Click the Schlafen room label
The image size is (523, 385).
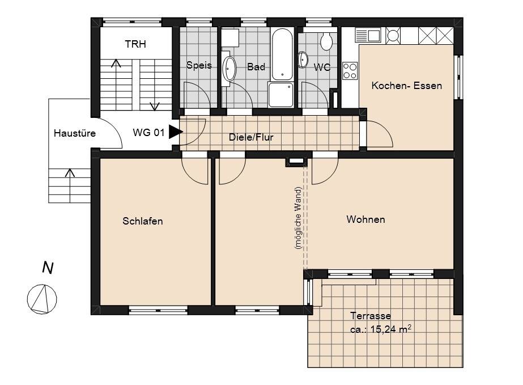click(x=142, y=221)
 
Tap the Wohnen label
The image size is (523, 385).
click(x=365, y=219)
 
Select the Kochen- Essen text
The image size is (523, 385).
click(x=407, y=86)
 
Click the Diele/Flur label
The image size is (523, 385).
click(x=251, y=137)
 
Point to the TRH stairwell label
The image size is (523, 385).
click(x=135, y=44)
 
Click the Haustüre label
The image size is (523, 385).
click(x=75, y=133)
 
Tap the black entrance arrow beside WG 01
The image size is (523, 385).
click(x=176, y=132)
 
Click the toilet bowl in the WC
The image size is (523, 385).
click(x=326, y=41)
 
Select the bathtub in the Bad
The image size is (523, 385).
click(x=282, y=54)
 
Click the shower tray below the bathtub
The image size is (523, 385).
click(x=281, y=95)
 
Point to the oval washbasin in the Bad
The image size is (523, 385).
click(x=229, y=69)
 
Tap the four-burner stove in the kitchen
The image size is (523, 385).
click(x=350, y=70)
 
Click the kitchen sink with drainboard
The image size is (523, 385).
click(x=368, y=35)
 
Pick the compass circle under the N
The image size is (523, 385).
click(x=42, y=299)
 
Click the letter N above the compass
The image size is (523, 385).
click(x=48, y=268)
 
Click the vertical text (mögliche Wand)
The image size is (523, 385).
click(x=298, y=217)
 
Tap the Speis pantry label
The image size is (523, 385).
click(x=199, y=65)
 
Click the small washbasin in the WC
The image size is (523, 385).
click(x=303, y=60)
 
